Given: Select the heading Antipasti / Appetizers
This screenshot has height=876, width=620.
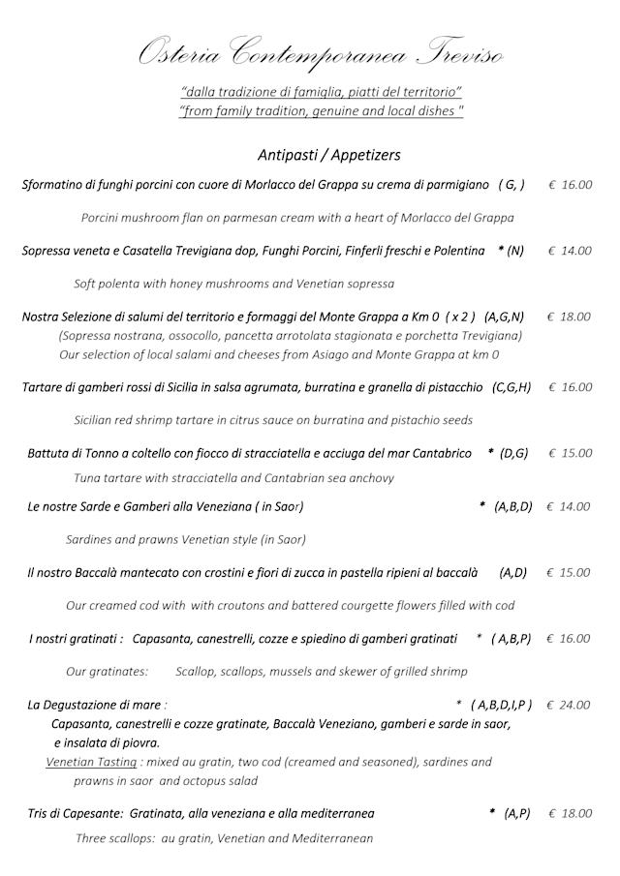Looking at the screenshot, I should pos(329,154).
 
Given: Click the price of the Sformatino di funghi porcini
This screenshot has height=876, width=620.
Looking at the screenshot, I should pos(570,185).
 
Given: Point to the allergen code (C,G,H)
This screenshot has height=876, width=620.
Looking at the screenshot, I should pos(511,387).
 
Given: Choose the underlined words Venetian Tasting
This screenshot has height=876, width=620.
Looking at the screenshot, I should pos(92,762).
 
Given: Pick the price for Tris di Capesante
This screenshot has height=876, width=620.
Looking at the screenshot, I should pos(570,814).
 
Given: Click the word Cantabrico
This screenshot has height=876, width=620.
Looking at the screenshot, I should pos(440,453).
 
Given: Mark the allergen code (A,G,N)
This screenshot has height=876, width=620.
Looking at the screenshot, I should pos(504,317).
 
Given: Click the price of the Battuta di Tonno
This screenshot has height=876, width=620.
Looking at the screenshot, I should pos(570,453).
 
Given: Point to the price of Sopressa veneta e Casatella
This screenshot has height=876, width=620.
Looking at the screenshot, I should pos(569,251).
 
